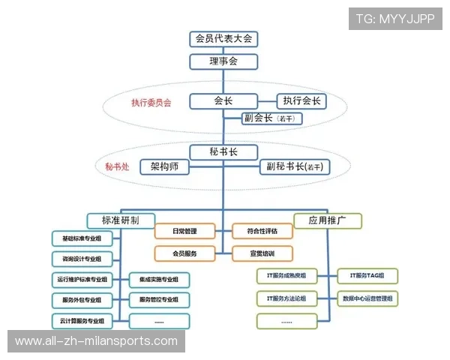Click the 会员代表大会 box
(x=223, y=38)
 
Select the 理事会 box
(x=223, y=61)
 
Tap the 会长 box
(x=223, y=100)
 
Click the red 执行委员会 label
(x=151, y=103)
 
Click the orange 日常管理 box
(x=184, y=231)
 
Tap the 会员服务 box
(x=184, y=253)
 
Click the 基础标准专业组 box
(x=82, y=239)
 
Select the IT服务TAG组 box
(x=367, y=277)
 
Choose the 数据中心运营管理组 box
(x=367, y=298)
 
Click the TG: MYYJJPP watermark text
(x=395, y=19)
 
